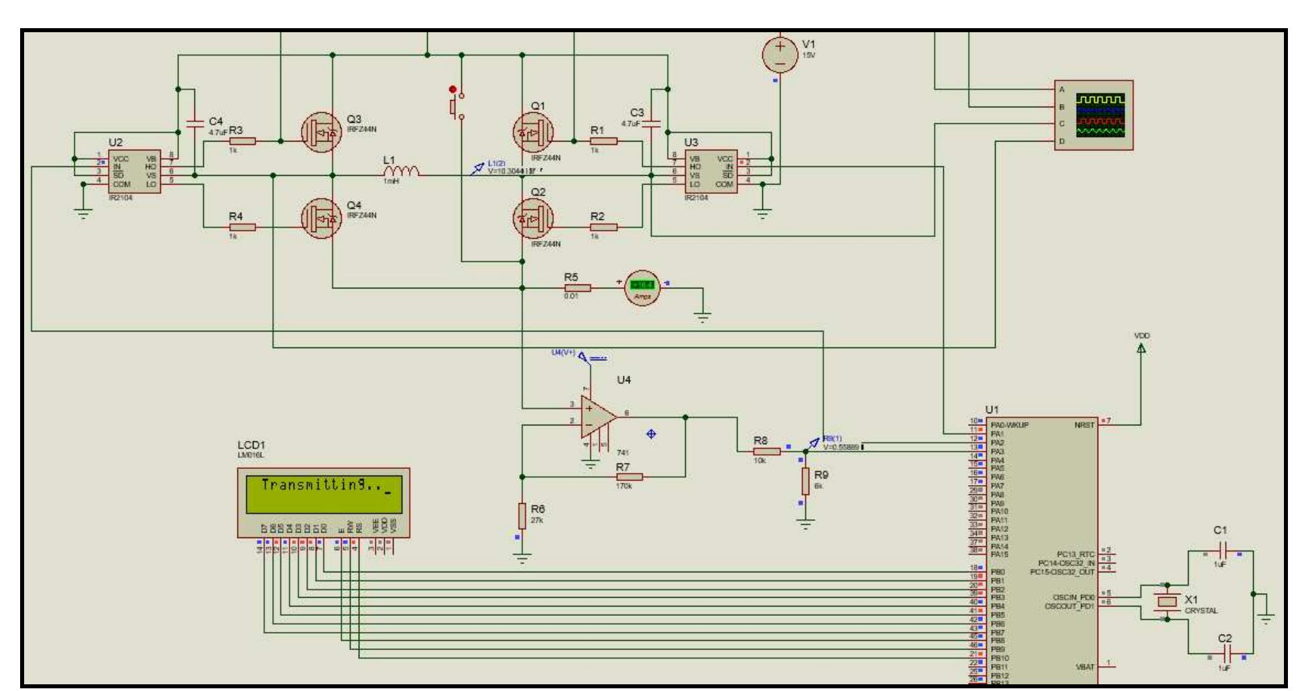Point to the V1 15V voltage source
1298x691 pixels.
(780, 54)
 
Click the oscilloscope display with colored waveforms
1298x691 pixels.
(1100, 115)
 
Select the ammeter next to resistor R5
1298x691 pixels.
(642, 288)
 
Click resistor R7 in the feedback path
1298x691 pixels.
(629, 477)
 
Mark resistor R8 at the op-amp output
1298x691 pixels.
(766, 451)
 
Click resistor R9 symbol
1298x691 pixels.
(805, 480)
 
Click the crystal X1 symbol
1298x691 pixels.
(1167, 602)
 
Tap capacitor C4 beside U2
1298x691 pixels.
(195, 123)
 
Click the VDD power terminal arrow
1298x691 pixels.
(1142, 348)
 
